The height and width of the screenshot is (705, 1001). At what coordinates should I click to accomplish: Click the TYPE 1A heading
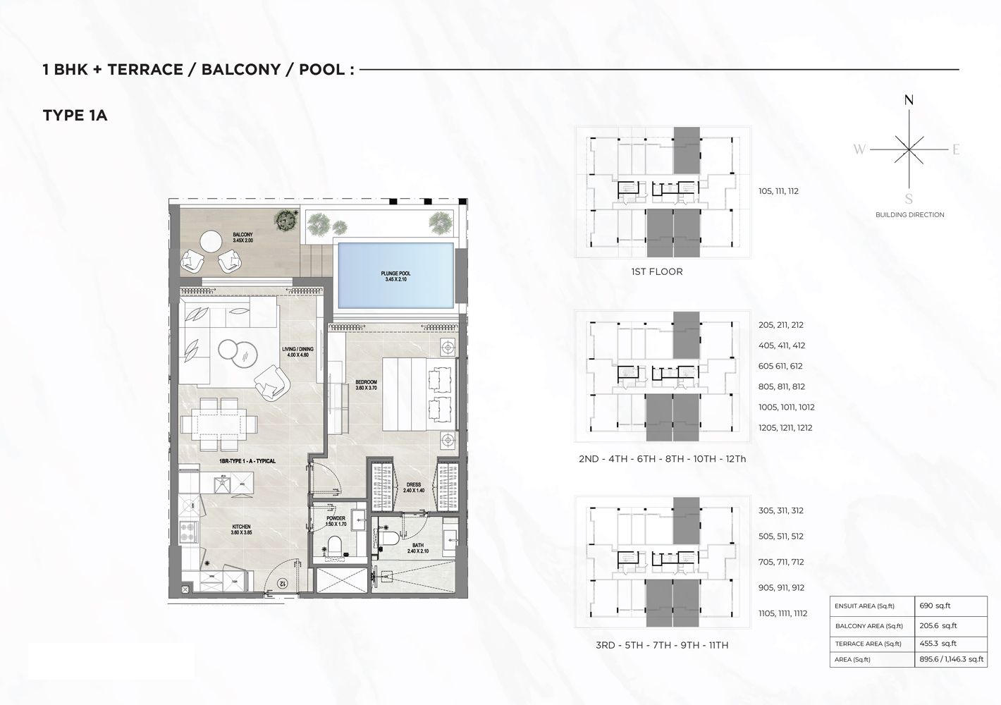coord(75,116)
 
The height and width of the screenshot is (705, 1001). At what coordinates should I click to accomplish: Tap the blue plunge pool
coord(395,275)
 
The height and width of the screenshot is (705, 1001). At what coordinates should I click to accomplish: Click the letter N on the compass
coord(909,100)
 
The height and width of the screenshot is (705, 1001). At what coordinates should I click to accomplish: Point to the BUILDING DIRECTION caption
coord(909,214)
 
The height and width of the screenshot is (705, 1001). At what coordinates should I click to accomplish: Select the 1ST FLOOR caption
coord(657,271)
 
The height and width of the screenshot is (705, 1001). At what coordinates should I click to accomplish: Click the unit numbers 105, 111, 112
coord(778,191)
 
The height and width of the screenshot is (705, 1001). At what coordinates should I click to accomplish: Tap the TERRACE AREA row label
coord(868,644)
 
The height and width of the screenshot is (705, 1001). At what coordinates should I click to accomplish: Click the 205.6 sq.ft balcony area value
coord(938,625)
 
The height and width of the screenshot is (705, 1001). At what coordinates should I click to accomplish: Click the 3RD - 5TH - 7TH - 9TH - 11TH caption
coord(662,645)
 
